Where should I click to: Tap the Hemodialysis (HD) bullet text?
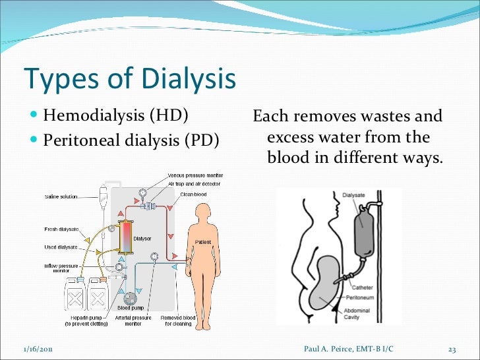click(x=115, y=117)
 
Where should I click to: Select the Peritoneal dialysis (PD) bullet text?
click(x=131, y=140)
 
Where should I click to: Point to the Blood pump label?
click(x=131, y=308)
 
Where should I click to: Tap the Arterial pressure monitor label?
click(x=133, y=320)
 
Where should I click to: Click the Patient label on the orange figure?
click(x=202, y=242)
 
